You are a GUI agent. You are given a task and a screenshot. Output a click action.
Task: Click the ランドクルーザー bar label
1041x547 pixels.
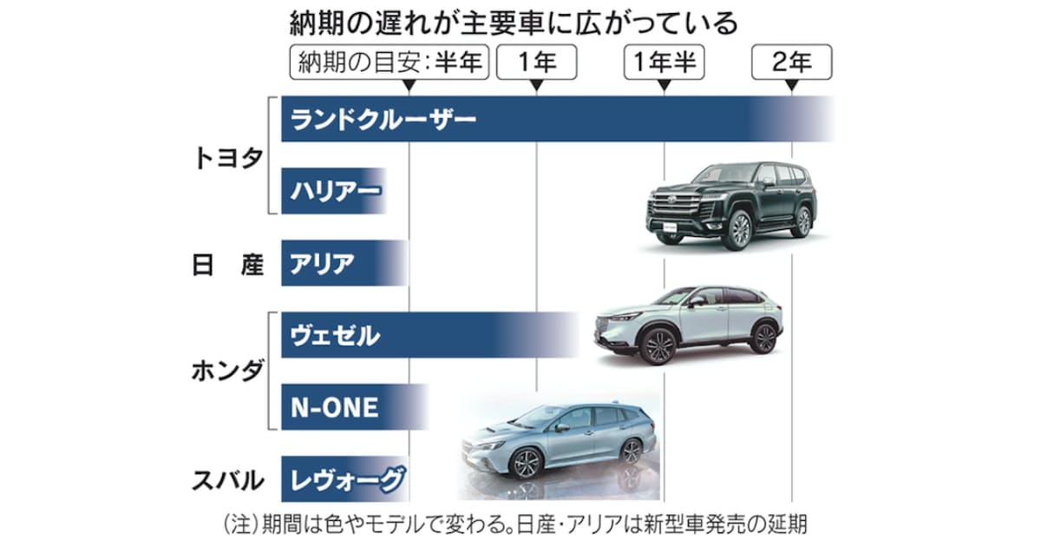pos(383,120)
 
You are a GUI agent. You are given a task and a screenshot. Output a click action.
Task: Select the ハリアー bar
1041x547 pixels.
pos(335,191)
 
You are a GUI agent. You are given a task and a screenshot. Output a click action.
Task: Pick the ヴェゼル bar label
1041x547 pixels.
pos(335,335)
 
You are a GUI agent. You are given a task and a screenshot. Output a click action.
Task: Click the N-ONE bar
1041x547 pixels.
pos(355,407)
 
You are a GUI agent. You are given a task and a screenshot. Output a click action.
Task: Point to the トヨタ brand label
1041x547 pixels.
pos(227,159)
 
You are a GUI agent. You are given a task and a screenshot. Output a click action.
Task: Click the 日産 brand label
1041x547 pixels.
pos(227,265)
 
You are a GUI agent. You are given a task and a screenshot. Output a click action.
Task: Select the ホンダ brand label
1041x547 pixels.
pos(227,371)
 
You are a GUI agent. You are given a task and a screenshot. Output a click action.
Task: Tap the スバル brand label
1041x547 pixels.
pos(227,480)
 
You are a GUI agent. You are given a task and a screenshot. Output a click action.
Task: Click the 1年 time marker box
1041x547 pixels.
pos(537,63)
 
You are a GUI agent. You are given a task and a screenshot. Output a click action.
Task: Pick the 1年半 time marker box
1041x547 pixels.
pos(665,63)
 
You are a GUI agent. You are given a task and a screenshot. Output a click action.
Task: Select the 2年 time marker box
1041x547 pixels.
pos(792,63)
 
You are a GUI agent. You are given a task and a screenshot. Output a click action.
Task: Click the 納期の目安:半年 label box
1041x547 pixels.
pos(390,63)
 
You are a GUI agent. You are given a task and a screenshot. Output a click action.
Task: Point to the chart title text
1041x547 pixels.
pos(514,23)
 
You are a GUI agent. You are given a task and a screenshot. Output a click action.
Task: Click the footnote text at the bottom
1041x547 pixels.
pos(516,524)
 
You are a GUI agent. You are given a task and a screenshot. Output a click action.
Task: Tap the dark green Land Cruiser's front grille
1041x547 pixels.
pos(674,206)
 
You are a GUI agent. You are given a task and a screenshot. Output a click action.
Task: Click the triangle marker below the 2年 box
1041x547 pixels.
pos(792,86)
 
